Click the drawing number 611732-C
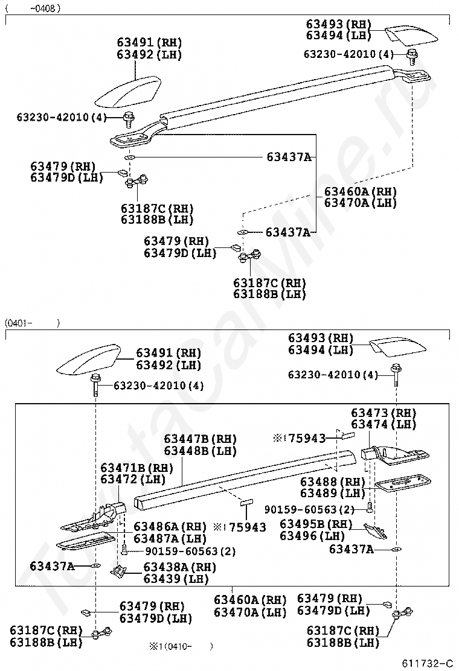(428, 663)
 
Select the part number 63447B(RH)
(200, 439)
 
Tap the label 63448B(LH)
(200, 451)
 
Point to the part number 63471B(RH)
(136, 468)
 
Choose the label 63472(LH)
(133, 480)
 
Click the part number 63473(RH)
(384, 413)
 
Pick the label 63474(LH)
(384, 424)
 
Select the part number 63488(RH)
(333, 482)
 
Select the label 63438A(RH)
(179, 567)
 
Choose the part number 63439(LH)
(175, 579)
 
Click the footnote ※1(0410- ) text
(181, 646)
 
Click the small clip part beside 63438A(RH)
(120, 570)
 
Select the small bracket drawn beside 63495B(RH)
(376, 531)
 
